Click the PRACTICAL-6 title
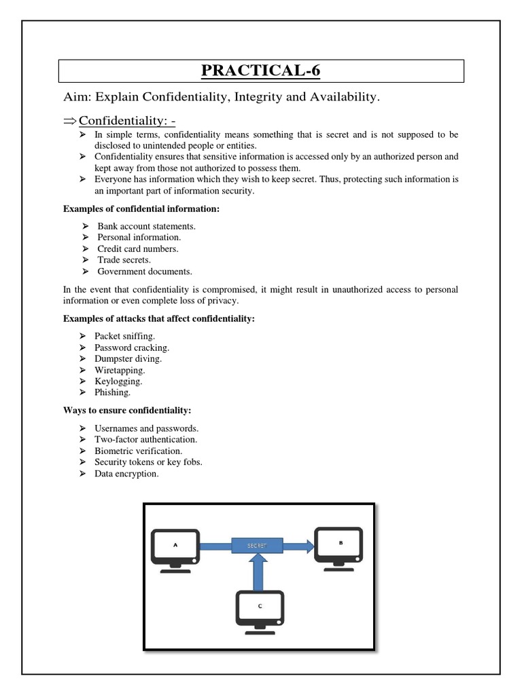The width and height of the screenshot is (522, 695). tap(261, 71)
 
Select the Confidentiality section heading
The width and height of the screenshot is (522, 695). tap(127, 121)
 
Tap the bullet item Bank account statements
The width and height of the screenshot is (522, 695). tap(146, 226)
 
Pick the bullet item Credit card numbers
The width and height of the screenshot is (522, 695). tap(138, 248)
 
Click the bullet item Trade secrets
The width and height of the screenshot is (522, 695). tap(124, 260)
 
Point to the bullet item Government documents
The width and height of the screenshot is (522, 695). tap(145, 271)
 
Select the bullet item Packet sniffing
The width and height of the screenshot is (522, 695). tap(126, 336)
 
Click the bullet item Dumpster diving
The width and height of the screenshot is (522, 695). tap(130, 358)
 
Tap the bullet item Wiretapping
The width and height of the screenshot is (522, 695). tap(121, 370)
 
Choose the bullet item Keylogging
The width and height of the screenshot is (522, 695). tap(120, 381)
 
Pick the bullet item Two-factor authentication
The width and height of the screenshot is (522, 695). tap(147, 440)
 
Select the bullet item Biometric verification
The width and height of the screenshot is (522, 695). tap(139, 451)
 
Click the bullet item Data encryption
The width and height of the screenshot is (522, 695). tap(128, 474)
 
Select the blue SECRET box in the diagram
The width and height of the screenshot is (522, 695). tap(258, 545)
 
